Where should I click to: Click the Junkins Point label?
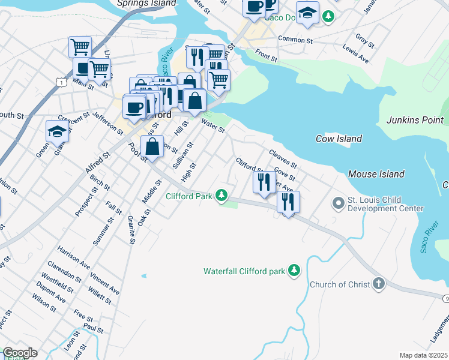coord(415,120)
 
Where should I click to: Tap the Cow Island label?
coord(339,139)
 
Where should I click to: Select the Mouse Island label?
coord(376,174)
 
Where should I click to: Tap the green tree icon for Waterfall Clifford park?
coord(294,271)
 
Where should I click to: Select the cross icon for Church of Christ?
coord(378,284)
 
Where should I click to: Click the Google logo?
coord(20,353)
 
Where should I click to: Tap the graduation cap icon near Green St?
coord(58,130)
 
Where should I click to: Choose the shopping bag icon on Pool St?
coord(152,146)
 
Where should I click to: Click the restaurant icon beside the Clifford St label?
coord(264,181)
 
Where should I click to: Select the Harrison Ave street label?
coord(73,257)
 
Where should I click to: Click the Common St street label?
coord(295,41)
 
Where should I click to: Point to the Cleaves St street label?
coord(283,160)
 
